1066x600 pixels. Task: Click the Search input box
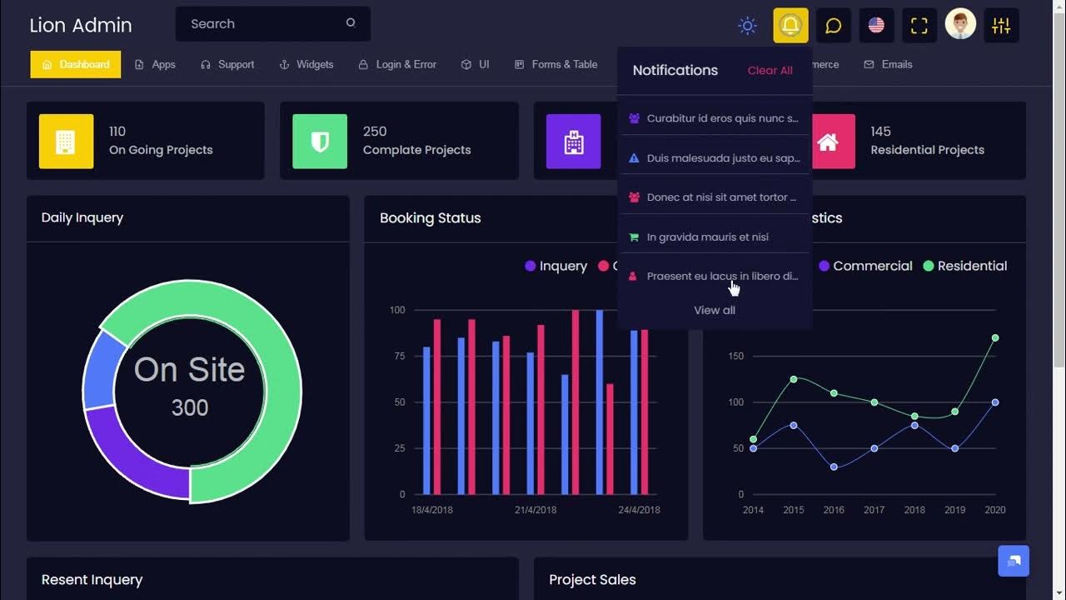262,24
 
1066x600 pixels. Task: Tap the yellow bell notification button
790,25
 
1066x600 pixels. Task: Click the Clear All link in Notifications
770,71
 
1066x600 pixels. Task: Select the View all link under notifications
715,310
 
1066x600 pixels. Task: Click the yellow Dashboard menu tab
76,64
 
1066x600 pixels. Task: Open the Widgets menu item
306,64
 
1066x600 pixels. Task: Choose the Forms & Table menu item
556,64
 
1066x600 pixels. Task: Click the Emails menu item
889,64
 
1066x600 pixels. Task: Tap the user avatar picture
960,25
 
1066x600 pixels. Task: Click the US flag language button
876,25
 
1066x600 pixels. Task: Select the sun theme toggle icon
747,26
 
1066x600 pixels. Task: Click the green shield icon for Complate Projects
320,142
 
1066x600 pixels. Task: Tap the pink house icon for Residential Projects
828,142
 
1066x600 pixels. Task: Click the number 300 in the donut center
190,407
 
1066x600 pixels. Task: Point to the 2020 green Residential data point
995,338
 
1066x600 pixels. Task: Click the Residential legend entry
965,266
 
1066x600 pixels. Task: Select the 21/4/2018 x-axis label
535,510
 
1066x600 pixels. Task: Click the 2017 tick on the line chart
874,510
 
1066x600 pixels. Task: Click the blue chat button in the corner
1014,561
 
